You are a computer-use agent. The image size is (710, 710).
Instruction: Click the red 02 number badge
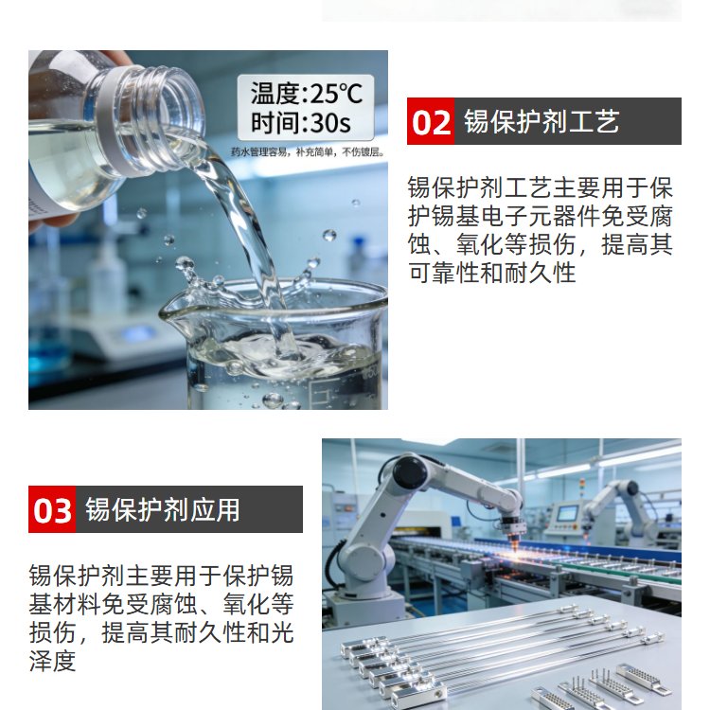click(x=430, y=121)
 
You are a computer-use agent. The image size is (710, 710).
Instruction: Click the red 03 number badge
click(x=52, y=509)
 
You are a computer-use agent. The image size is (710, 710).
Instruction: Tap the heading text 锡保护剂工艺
click(x=541, y=121)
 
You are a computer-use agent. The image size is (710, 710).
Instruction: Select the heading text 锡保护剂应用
click(x=162, y=510)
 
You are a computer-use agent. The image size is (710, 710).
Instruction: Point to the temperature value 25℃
click(x=336, y=94)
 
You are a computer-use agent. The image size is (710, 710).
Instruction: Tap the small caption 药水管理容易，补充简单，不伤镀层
click(x=308, y=152)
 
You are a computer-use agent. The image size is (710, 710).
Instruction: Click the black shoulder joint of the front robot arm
click(x=410, y=473)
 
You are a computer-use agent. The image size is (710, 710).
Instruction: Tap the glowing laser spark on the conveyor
click(x=515, y=550)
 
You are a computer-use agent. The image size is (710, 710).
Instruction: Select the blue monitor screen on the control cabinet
click(x=567, y=513)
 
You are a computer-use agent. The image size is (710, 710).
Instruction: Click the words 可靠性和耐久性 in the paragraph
click(x=491, y=274)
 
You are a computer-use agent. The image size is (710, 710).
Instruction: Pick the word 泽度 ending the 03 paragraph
click(x=52, y=662)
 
